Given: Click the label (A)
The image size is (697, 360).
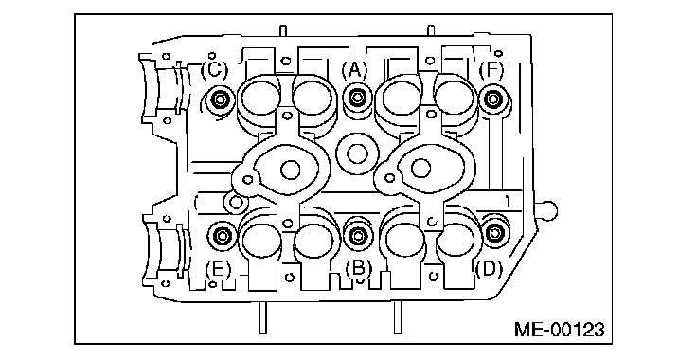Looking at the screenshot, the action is point(354,70).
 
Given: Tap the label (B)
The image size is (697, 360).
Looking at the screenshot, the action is point(359,267).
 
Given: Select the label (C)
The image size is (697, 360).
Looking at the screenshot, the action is point(214,70).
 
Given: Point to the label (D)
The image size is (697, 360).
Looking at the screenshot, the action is point(489,269).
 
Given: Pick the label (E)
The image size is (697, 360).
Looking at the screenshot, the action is point(218,269).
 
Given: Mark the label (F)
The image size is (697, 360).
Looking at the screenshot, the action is point(491,70).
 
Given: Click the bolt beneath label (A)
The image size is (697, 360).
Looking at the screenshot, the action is point(357,98).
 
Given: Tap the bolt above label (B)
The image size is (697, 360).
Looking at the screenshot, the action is point(358,236).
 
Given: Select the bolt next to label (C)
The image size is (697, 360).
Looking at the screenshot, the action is point(220,99).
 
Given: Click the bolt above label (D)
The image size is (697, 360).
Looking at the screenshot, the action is point(494,232).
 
